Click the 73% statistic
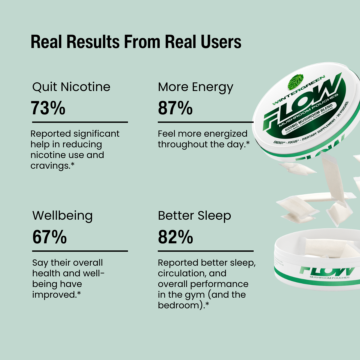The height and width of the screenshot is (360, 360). [x=48, y=108]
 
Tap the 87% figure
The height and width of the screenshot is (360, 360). [x=175, y=108]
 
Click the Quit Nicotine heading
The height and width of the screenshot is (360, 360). [x=71, y=87]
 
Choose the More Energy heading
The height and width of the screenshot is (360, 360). [x=196, y=87]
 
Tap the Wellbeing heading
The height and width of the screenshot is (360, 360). [x=62, y=216]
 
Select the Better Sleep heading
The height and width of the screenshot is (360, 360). [x=194, y=216]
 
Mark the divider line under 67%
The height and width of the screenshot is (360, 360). [x=80, y=251]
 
